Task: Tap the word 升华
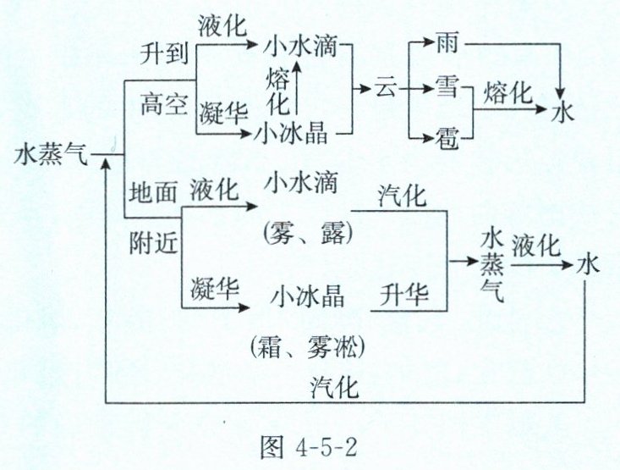click(x=404, y=296)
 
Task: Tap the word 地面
click(x=153, y=191)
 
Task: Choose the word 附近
click(x=153, y=241)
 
